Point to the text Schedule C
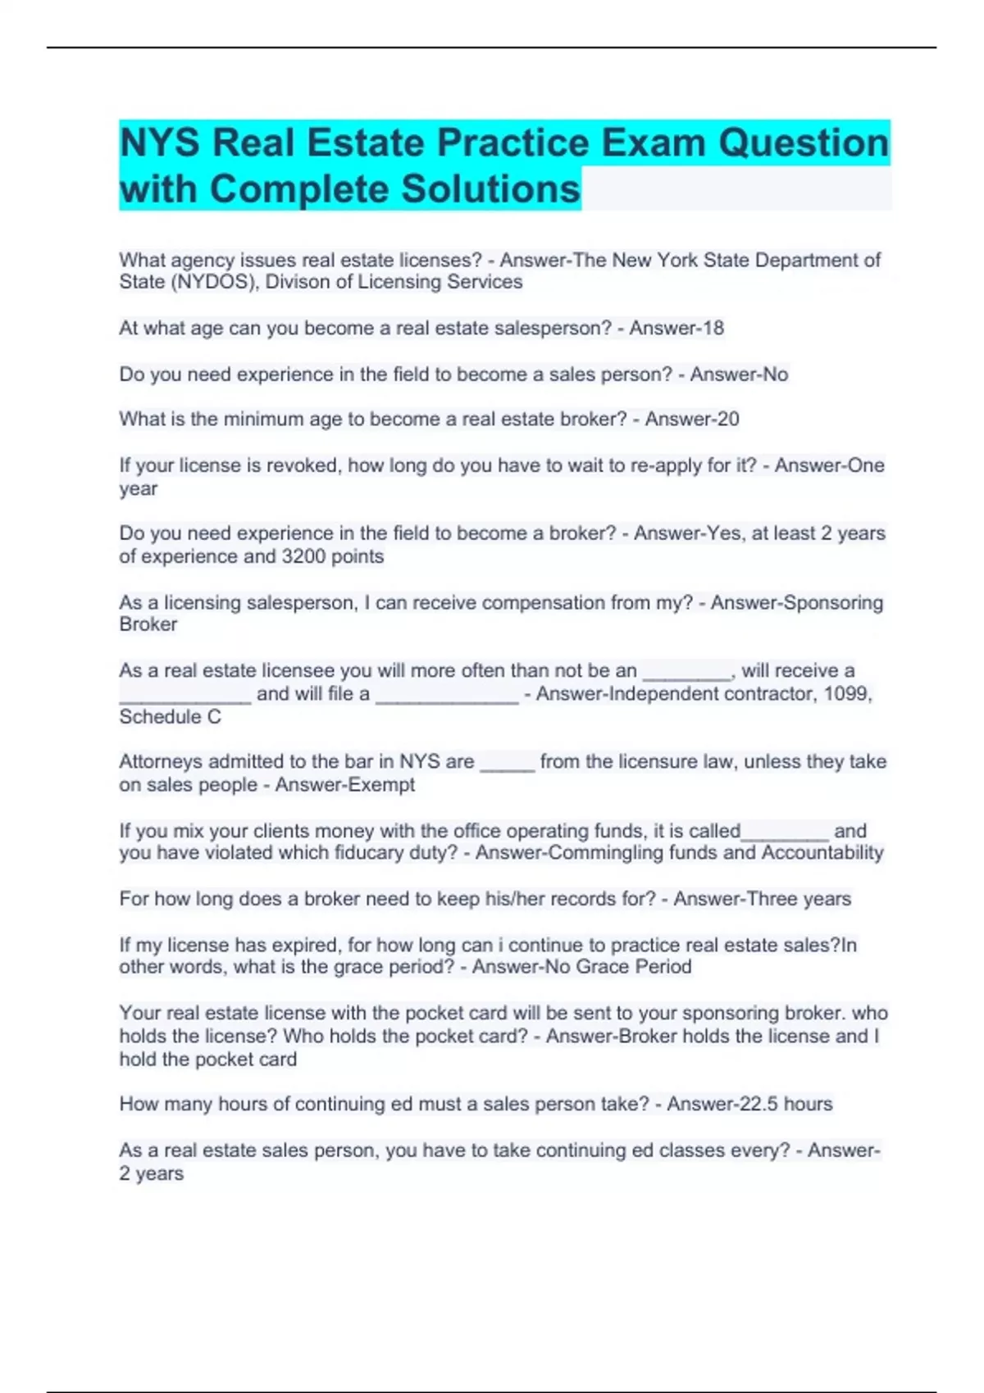coord(170,717)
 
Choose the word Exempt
coord(381,785)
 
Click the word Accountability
coord(822,853)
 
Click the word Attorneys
coord(161,762)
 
